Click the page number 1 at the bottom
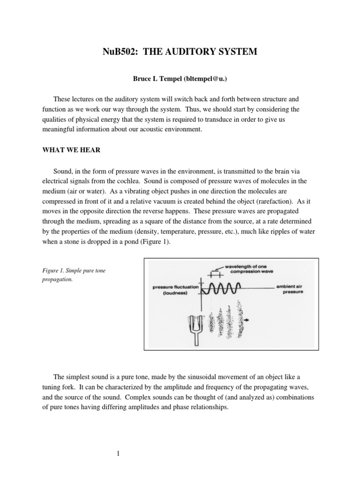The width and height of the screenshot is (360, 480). pos(119,453)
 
